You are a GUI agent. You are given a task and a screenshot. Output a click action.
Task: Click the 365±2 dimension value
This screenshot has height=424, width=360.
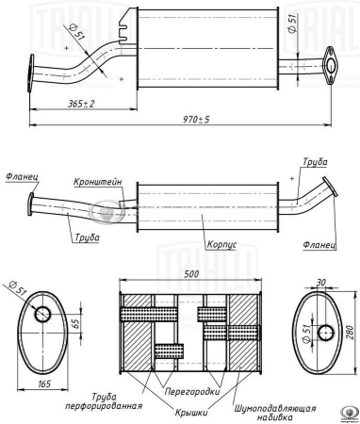coord(81,104)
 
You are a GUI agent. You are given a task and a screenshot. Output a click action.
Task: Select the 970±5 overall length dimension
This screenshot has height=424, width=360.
coord(196,120)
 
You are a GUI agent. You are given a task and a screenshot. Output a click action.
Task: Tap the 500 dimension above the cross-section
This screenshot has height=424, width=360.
coord(191,274)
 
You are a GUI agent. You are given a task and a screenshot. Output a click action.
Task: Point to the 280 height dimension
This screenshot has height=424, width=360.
coord(351,333)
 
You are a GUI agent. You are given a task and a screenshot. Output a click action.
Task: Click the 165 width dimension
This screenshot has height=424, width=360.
coord(44,383)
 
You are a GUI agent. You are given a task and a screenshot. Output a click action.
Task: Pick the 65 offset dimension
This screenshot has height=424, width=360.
coord(76,323)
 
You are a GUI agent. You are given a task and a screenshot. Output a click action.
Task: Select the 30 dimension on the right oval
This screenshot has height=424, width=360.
coord(320,283)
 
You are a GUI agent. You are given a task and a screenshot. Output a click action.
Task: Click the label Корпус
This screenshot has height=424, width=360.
coord(221,245)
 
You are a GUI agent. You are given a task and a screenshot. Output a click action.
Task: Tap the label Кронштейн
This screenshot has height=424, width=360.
coord(98,182)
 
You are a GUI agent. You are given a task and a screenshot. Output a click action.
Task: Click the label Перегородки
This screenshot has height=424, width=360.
coord(192,392)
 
